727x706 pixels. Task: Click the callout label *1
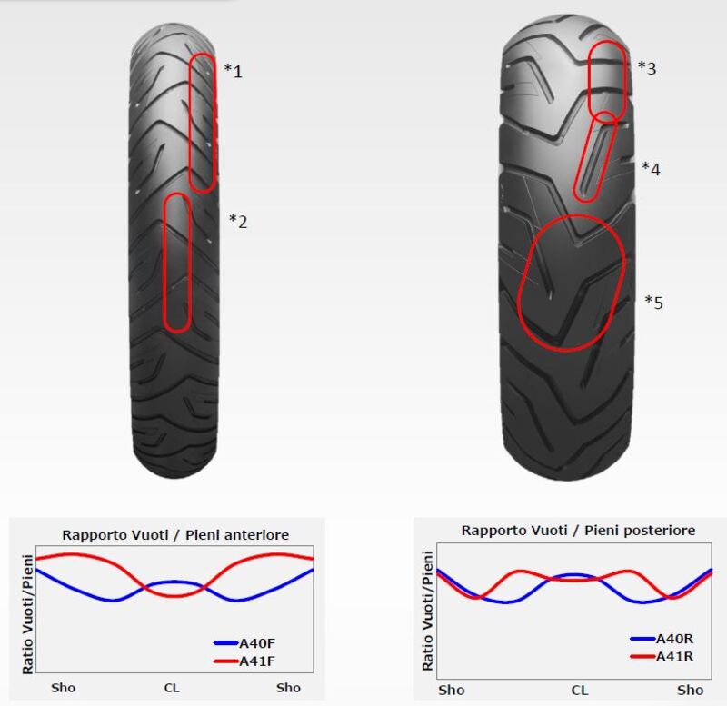(234, 70)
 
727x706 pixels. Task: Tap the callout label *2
(237, 220)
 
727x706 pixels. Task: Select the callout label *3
(647, 67)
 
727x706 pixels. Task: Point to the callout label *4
(651, 167)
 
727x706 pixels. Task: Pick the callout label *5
(654, 302)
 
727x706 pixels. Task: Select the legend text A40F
(256, 643)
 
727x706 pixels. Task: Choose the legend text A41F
(256, 661)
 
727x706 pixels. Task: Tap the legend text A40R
(675, 640)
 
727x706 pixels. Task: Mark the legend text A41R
(675, 656)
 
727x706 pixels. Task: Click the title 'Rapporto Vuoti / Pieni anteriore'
(174, 535)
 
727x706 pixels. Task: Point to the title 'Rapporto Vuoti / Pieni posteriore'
(578, 530)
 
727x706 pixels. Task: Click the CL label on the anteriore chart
(172, 688)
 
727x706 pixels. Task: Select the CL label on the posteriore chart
(579, 691)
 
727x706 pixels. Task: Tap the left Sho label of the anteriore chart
(64, 688)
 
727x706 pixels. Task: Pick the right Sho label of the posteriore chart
(691, 691)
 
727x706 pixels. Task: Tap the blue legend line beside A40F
(224, 643)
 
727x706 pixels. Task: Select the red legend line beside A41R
(642, 656)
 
